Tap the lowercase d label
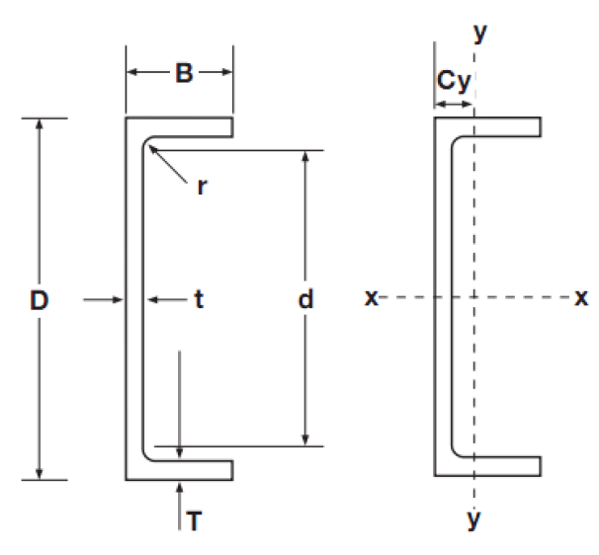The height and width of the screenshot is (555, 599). tap(306, 299)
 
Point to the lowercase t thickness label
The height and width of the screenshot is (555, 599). tap(198, 299)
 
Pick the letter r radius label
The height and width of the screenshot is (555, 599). tap(201, 187)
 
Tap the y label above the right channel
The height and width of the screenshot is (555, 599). tap(480, 33)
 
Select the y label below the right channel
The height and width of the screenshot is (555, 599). tap(473, 518)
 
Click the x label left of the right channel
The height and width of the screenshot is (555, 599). tap(371, 297)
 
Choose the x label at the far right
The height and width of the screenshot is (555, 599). tap(581, 297)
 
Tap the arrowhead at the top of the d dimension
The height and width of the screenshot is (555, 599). tap(305, 157)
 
